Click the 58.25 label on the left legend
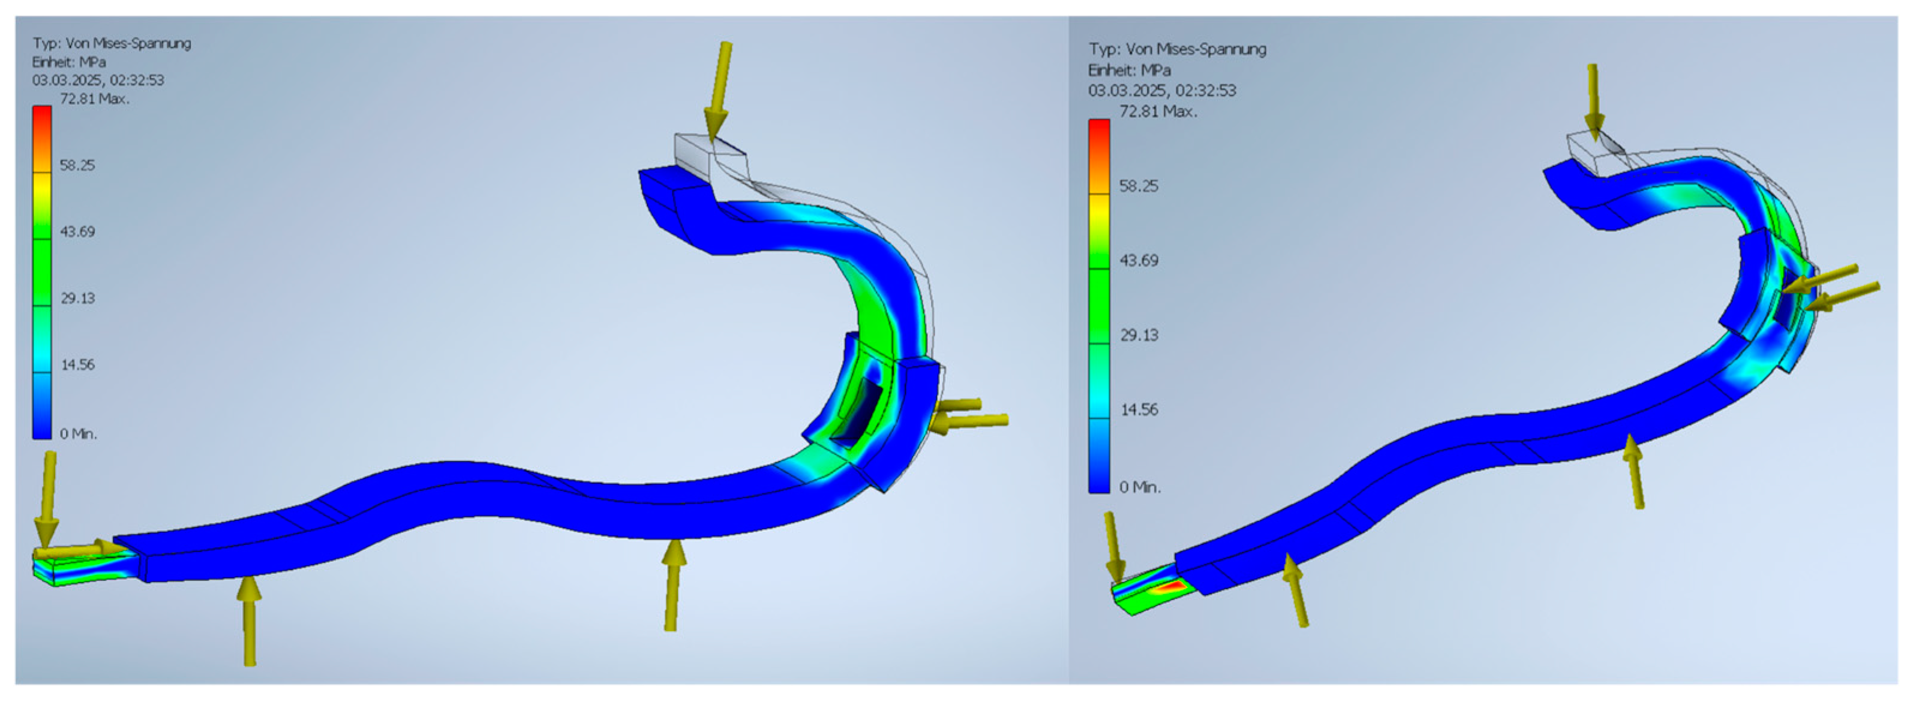coord(77,165)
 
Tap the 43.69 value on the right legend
coord(1138,260)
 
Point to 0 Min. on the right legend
coord(1140,487)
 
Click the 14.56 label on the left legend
coord(77,364)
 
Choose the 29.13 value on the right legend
coord(1138,335)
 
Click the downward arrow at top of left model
coord(719,89)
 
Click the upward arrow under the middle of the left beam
coord(672,586)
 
